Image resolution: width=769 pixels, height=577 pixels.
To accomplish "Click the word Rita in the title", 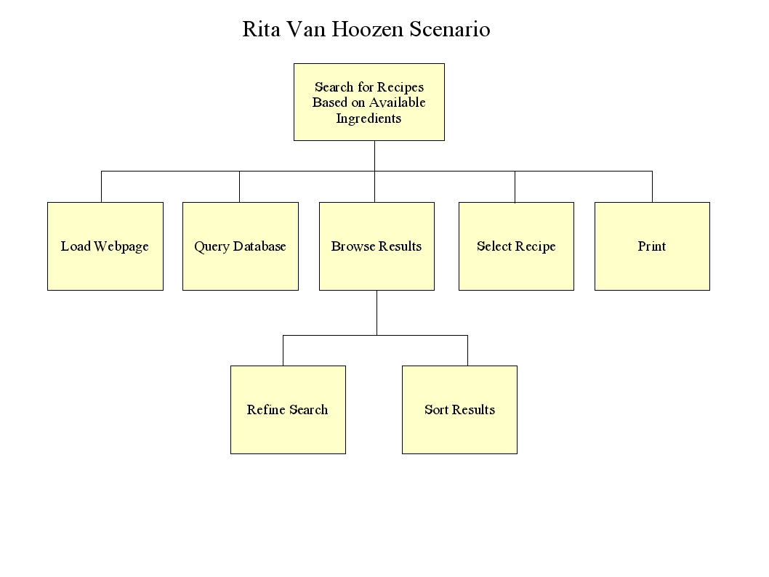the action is (262, 29).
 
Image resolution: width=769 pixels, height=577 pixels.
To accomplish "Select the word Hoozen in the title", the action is (368, 29).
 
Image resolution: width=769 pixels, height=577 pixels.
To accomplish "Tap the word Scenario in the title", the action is (450, 29).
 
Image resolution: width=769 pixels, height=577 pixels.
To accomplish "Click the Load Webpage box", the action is (105, 246).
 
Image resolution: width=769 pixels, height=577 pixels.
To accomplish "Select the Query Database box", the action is (241, 246).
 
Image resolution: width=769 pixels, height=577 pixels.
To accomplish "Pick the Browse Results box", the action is (377, 246).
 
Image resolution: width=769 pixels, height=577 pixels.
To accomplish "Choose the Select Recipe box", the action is (517, 246).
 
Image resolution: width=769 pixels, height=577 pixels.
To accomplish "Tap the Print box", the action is (652, 246).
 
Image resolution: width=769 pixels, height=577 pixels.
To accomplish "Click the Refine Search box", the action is (289, 410).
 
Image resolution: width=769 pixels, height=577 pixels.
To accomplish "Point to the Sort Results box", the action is (459, 410).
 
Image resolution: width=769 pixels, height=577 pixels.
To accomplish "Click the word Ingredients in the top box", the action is (369, 118).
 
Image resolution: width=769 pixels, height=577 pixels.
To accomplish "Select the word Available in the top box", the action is (398, 102).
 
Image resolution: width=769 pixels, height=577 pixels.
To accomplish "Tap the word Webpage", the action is (121, 246).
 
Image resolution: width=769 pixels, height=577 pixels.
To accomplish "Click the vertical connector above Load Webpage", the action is (102, 187).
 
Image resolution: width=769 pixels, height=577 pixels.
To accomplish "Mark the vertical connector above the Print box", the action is (652, 187).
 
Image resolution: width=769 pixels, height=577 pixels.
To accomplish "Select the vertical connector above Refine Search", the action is (283, 350).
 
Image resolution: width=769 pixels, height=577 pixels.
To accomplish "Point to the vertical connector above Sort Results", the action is (468, 350).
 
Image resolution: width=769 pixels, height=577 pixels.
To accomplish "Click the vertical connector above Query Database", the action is (239, 187).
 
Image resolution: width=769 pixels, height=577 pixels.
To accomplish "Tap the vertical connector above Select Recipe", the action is (515, 187).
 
